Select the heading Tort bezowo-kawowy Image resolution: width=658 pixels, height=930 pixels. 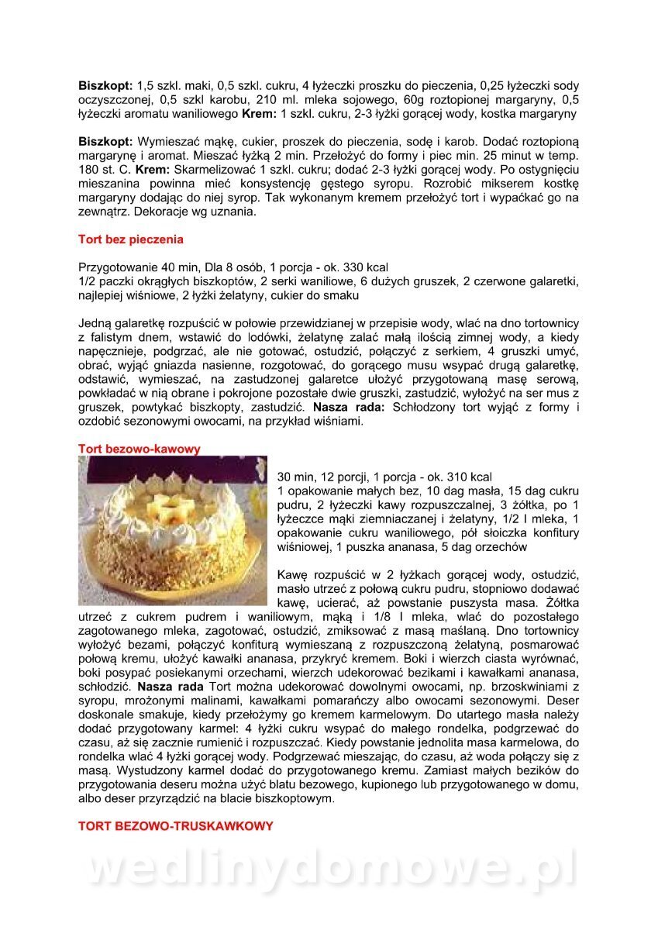tap(140, 449)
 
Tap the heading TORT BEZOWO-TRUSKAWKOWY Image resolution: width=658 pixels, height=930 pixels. tap(175, 826)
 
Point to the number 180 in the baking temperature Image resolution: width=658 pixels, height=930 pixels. tap(89, 170)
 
